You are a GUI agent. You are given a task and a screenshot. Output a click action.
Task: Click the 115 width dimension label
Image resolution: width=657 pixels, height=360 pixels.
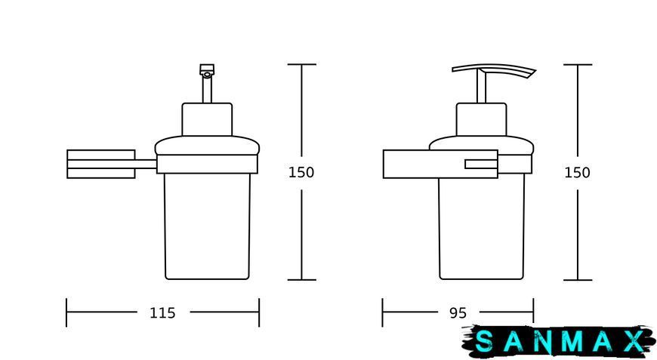click(162, 312)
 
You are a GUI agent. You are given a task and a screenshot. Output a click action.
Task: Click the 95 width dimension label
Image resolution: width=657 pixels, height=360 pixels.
click(458, 312)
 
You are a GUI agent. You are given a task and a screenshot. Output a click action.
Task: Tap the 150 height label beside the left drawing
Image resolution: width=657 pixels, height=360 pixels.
click(301, 173)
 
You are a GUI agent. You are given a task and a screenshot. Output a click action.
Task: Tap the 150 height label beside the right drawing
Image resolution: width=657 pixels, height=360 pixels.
click(577, 173)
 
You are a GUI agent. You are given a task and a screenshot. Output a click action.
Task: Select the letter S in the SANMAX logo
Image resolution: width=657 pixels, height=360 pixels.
click(485, 342)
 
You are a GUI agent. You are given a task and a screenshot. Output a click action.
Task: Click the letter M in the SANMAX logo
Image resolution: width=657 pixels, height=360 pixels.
click(572, 342)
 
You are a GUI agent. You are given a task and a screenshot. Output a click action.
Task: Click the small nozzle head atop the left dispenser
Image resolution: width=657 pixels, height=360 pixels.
click(207, 70)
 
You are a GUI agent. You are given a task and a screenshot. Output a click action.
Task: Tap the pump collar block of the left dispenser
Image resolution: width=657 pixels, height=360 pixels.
click(207, 119)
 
